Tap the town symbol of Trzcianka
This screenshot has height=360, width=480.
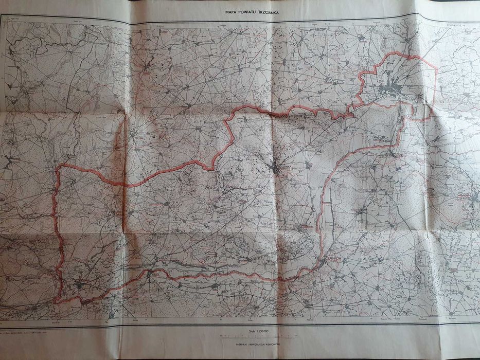[278, 168]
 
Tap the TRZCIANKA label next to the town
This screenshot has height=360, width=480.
[286, 167]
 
